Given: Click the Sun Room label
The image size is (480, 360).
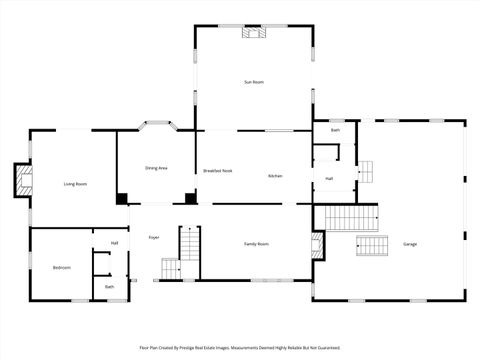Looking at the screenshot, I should (x=254, y=81).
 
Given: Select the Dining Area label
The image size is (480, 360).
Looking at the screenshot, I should (x=156, y=168).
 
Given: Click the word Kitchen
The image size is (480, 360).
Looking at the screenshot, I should (x=275, y=176).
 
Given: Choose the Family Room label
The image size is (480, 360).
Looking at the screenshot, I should (x=259, y=244).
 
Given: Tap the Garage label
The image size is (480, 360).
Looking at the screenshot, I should (x=410, y=244).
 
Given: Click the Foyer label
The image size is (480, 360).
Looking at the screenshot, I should (x=154, y=237).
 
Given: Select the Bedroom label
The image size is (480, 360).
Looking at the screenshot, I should (x=61, y=267).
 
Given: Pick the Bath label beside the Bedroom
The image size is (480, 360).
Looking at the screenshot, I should (x=110, y=287).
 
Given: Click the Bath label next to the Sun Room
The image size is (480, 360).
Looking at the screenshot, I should (x=335, y=131).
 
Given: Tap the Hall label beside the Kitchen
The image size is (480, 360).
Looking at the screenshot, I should (x=329, y=178).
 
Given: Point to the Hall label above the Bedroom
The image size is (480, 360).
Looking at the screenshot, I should (x=114, y=243).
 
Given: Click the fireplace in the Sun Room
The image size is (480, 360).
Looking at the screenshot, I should (x=254, y=32).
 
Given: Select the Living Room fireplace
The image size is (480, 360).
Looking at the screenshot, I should (x=23, y=180).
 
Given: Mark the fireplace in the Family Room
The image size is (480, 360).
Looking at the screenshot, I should (x=318, y=246).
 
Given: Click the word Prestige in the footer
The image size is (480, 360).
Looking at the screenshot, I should (x=195, y=348).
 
